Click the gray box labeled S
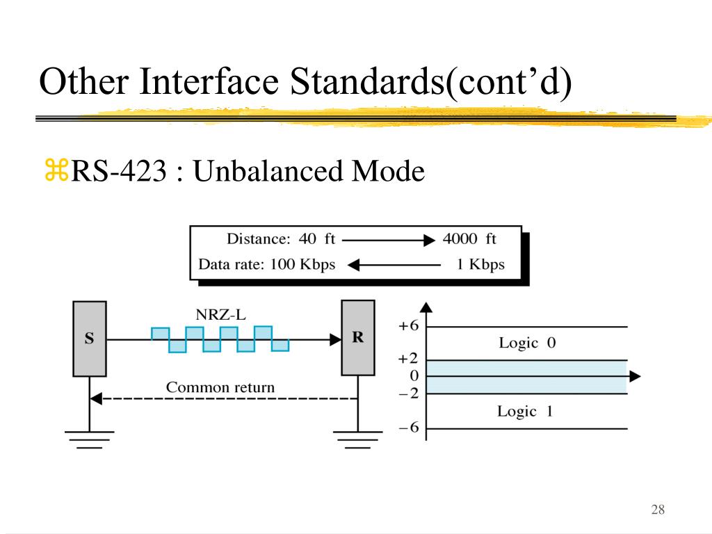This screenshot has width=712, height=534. (90, 339)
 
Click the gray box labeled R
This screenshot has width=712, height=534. (358, 337)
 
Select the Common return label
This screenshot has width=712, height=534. (220, 387)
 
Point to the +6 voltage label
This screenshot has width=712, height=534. (408, 326)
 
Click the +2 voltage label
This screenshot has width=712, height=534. (408, 359)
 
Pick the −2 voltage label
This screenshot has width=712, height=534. (408, 394)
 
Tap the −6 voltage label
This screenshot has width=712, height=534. (408, 428)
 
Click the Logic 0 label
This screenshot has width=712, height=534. (527, 343)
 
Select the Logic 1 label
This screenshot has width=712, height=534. (525, 411)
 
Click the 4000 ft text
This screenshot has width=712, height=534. (469, 239)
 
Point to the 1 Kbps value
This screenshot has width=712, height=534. (480, 265)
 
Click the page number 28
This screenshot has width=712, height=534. (658, 510)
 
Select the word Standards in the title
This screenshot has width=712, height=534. (365, 82)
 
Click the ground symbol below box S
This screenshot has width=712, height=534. (90, 438)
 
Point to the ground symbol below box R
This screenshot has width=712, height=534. (358, 438)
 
